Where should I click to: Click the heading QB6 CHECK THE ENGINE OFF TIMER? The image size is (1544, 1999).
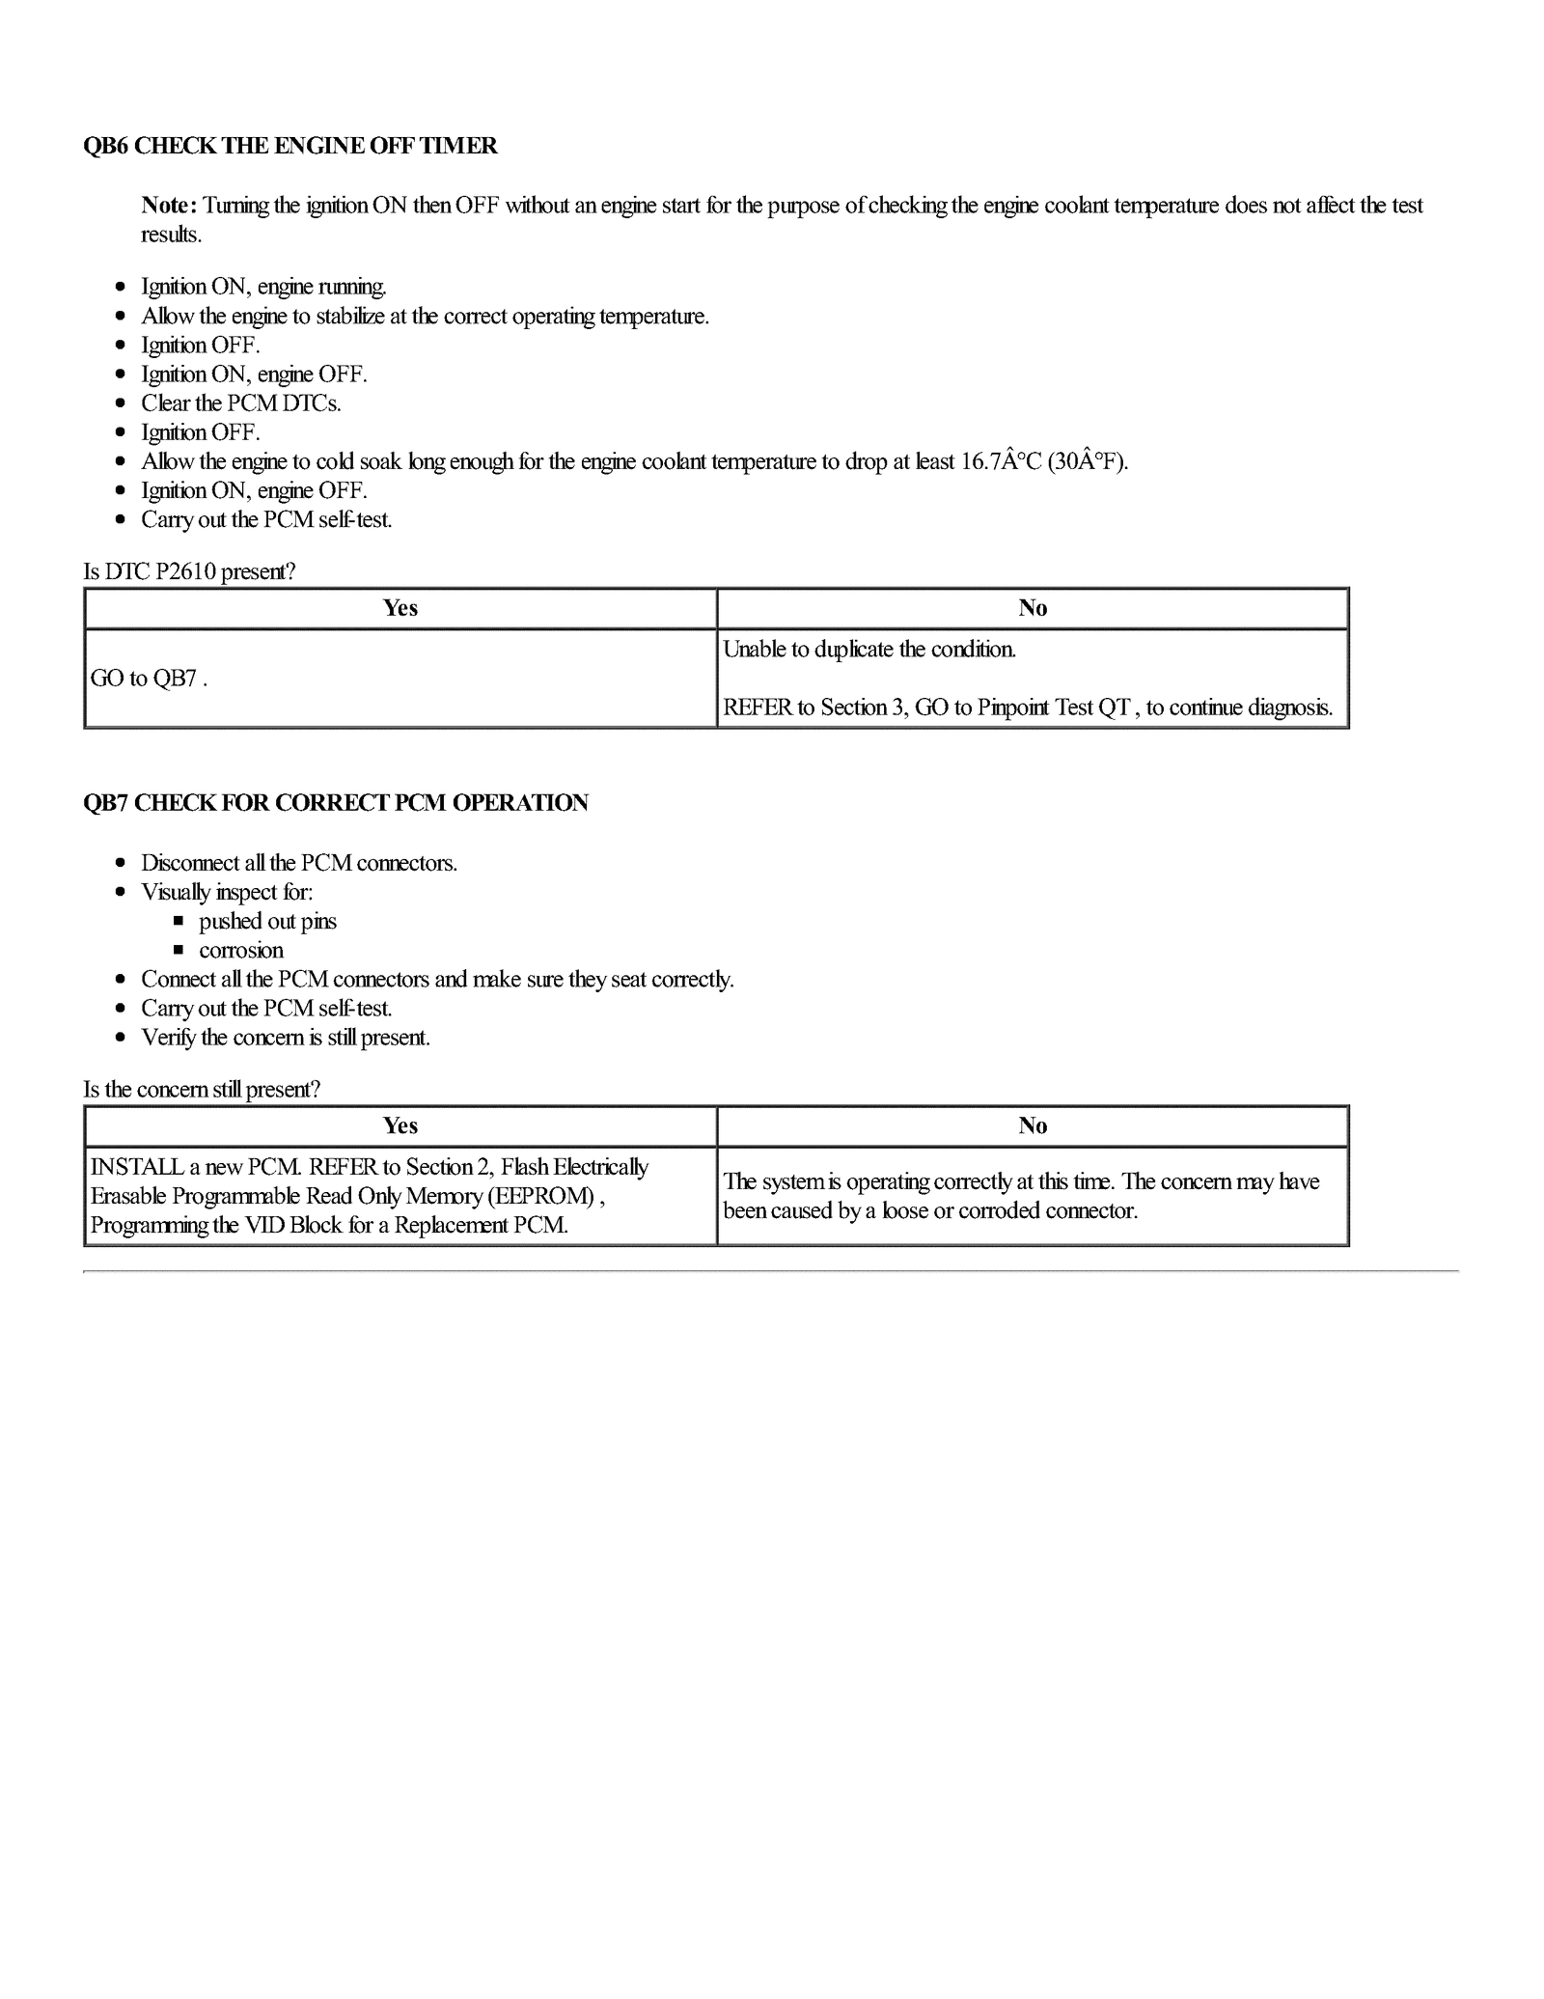pyautogui.click(x=290, y=146)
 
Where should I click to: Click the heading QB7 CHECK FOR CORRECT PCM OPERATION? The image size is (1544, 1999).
pyautogui.click(x=336, y=803)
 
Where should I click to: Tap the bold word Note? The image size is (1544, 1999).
pyautogui.click(x=168, y=205)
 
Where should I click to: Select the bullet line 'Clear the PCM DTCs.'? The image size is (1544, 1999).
pyautogui.click(x=241, y=403)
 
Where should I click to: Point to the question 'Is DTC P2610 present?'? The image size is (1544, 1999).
pyautogui.click(x=189, y=571)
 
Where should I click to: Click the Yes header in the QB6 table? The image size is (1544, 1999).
pyautogui.click(x=400, y=608)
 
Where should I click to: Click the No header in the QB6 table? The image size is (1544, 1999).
pyautogui.click(x=1033, y=608)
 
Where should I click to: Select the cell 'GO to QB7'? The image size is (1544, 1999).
pyautogui.click(x=148, y=679)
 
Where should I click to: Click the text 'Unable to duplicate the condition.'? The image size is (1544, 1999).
pyautogui.click(x=869, y=650)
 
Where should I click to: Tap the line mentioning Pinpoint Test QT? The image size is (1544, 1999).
pyautogui.click(x=1028, y=708)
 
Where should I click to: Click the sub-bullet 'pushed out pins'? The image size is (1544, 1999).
pyautogui.click(x=267, y=921)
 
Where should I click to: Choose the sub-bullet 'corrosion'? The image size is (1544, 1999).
pyautogui.click(x=241, y=950)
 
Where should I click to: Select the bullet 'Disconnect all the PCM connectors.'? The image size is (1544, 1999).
pyautogui.click(x=299, y=863)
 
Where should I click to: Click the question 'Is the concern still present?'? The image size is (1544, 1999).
pyautogui.click(x=202, y=1090)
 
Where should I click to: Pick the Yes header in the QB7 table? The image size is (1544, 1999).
pyautogui.click(x=400, y=1126)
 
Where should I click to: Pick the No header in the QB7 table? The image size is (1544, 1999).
pyautogui.click(x=1033, y=1126)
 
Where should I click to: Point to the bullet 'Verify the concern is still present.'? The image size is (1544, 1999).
pyautogui.click(x=286, y=1038)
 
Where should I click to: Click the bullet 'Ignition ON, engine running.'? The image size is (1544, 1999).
pyautogui.click(x=263, y=287)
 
